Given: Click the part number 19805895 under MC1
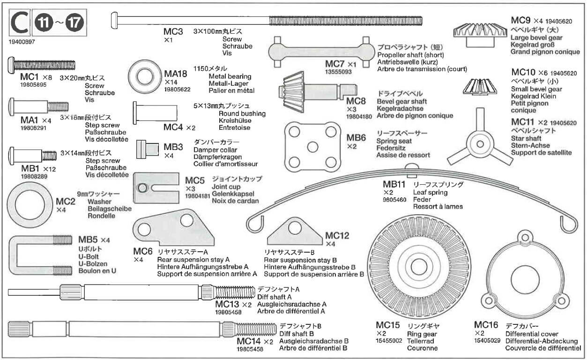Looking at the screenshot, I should pyautogui.click(x=21, y=85).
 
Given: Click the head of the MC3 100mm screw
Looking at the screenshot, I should pyautogui.click(x=115, y=19).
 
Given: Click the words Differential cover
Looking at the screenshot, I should pyautogui.click(x=532, y=334).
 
